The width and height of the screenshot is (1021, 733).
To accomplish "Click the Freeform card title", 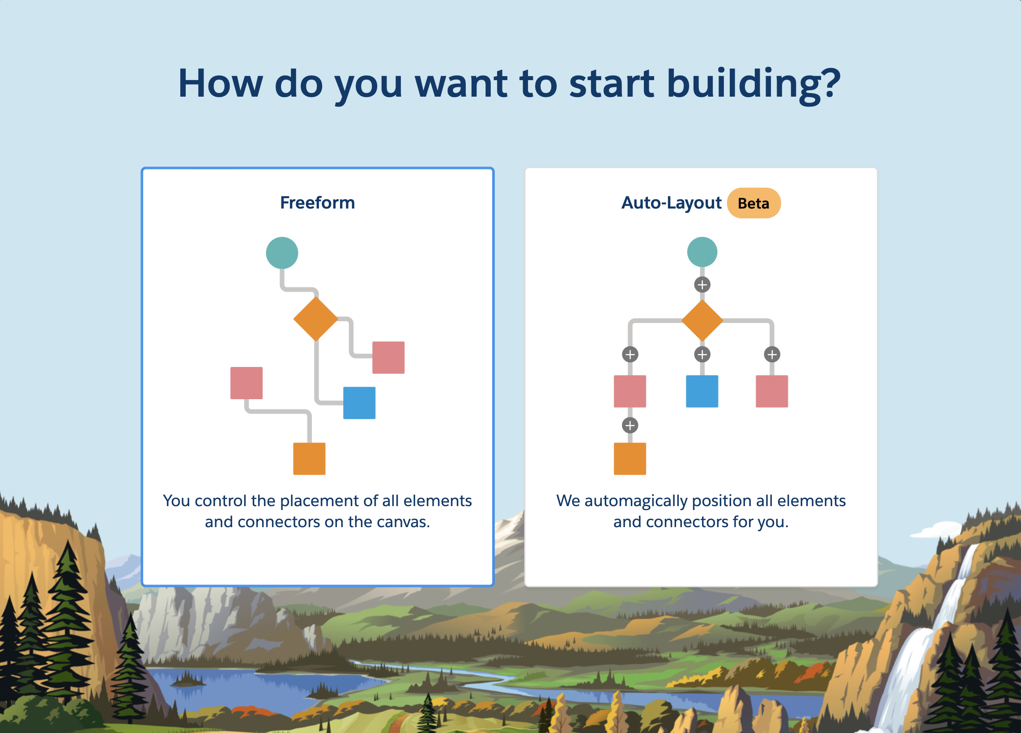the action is coord(317,203).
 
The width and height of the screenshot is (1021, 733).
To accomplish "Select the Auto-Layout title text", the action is coord(671,203).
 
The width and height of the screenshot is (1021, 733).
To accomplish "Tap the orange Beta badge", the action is coord(753,203).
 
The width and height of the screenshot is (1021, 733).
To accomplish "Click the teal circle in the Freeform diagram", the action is coord(282,253).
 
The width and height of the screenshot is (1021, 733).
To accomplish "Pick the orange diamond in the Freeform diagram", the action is coord(315,319).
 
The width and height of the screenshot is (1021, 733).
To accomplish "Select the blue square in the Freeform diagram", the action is coord(359,403).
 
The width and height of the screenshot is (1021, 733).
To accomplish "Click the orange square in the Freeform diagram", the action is coord(309,459).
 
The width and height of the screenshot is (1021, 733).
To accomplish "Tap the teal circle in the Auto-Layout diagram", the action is coord(702,252).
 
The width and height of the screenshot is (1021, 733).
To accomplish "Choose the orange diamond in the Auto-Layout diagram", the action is coord(702,320).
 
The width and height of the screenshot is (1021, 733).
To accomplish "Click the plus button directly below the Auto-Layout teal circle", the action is coord(702,285).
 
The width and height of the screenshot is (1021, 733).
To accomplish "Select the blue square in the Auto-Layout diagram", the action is coord(702,391).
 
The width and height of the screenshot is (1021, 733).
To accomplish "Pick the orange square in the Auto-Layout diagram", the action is coord(630,459).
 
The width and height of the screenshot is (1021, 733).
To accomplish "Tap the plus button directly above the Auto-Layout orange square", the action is coord(630,425).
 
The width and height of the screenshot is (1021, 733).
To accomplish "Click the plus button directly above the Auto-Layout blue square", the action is coord(702,354).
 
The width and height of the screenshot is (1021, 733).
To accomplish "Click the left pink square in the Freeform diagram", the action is coord(246,383).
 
